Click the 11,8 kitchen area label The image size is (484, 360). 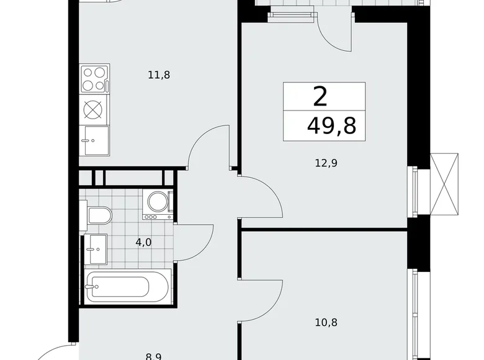click(x=159, y=75)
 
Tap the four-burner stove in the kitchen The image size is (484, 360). click(x=94, y=79)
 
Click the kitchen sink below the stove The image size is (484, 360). click(x=94, y=140)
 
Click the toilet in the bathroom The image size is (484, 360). click(x=98, y=216)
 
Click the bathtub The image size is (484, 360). click(x=127, y=287)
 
